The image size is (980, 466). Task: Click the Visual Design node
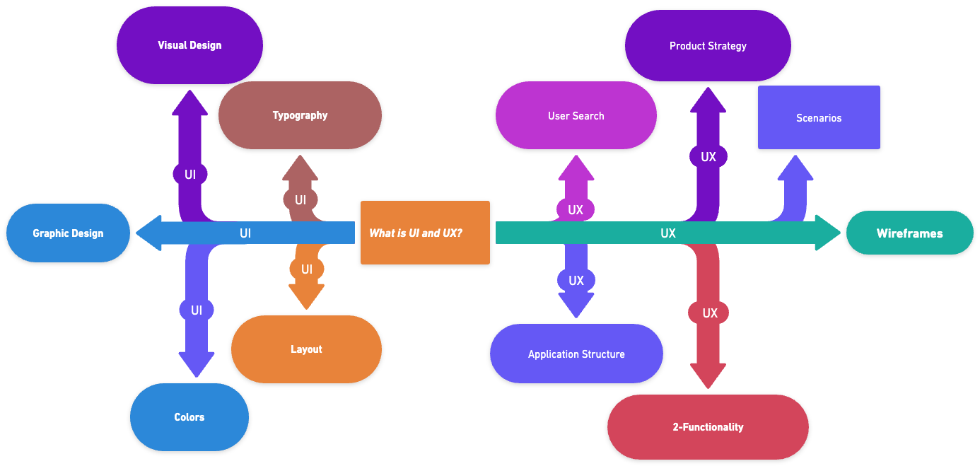(x=189, y=45)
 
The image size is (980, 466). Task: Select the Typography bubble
(x=300, y=115)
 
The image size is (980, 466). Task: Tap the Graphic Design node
(x=68, y=233)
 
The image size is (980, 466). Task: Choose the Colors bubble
(x=189, y=417)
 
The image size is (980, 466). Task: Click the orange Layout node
(x=306, y=349)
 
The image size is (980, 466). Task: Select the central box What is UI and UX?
(x=425, y=233)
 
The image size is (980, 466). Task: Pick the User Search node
(x=576, y=116)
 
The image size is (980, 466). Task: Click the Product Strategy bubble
(x=708, y=46)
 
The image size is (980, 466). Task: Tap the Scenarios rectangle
(x=819, y=117)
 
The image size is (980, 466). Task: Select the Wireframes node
(x=909, y=233)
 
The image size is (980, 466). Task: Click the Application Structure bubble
(x=576, y=354)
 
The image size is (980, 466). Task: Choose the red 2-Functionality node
(x=708, y=427)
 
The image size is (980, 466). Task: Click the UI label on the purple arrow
(x=190, y=174)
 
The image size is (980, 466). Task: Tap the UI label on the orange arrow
(x=307, y=269)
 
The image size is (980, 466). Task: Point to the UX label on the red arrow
(x=709, y=313)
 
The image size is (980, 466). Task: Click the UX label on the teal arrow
(x=667, y=233)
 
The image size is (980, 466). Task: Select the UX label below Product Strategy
(x=708, y=157)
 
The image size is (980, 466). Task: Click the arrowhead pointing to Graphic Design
(x=148, y=233)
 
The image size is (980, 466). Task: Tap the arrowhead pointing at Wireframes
(x=827, y=233)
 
